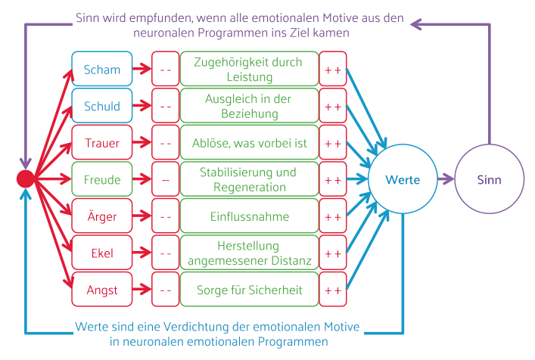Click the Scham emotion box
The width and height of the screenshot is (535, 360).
(x=102, y=70)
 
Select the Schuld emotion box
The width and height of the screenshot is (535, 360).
(x=102, y=107)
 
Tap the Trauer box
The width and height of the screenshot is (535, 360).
(x=102, y=143)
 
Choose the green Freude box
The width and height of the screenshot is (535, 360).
(x=102, y=180)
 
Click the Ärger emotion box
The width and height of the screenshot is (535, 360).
(x=102, y=216)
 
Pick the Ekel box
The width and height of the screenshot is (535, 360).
(x=102, y=253)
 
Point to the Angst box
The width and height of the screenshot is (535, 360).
(x=102, y=290)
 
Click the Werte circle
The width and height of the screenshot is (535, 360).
(x=402, y=179)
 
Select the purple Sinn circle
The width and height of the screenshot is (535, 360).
(x=489, y=179)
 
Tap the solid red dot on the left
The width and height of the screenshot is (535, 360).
(x=26, y=179)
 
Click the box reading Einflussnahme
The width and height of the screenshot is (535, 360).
(x=249, y=216)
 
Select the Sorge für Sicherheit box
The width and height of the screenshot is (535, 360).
(x=249, y=290)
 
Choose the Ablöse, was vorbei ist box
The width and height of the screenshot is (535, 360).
(x=249, y=143)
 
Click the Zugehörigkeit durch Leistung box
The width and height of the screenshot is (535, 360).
(x=249, y=70)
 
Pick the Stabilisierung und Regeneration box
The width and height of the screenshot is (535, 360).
(x=249, y=180)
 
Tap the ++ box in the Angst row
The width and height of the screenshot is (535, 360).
(x=333, y=290)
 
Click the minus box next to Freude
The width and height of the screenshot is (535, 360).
(x=165, y=180)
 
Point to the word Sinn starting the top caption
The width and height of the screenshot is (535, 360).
(x=89, y=17)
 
